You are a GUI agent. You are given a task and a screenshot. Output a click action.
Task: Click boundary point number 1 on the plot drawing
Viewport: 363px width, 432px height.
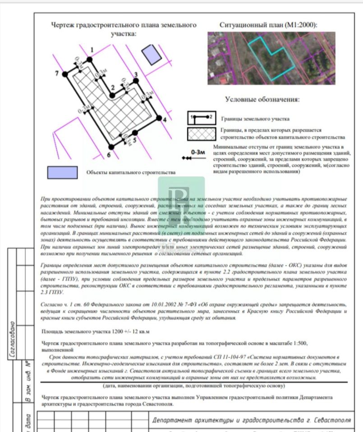point(89,59)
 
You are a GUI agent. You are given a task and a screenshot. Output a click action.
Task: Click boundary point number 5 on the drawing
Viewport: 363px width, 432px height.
point(135,133)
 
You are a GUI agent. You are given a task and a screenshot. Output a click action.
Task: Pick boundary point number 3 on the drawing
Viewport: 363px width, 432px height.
point(135,82)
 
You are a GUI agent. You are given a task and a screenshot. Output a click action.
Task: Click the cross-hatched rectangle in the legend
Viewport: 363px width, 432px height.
point(201,134)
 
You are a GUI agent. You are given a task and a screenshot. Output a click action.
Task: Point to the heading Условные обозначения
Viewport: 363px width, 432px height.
point(262,99)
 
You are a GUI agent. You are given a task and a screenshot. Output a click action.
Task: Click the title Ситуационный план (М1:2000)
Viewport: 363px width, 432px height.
point(268,25)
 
